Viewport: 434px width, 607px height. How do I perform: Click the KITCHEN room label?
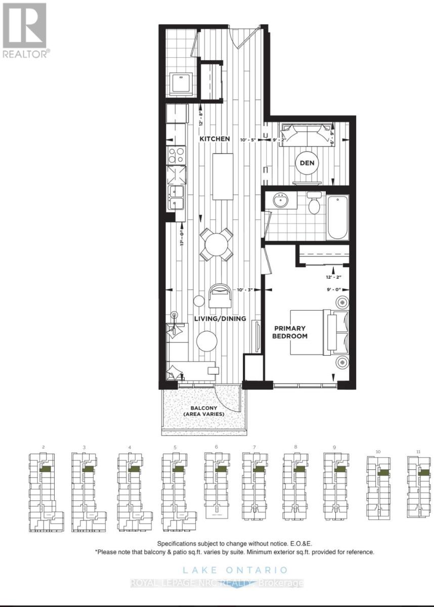(214, 139)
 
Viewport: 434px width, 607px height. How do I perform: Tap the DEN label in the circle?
(306, 162)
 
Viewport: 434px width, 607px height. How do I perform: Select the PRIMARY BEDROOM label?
(290, 332)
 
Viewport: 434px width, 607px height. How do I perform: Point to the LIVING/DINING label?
(220, 319)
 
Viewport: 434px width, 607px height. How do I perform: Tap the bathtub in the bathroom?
(337, 218)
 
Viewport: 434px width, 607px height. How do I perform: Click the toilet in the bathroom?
(314, 204)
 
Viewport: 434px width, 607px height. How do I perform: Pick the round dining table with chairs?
(216, 245)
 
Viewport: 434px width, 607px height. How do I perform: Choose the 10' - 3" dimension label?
(246, 290)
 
